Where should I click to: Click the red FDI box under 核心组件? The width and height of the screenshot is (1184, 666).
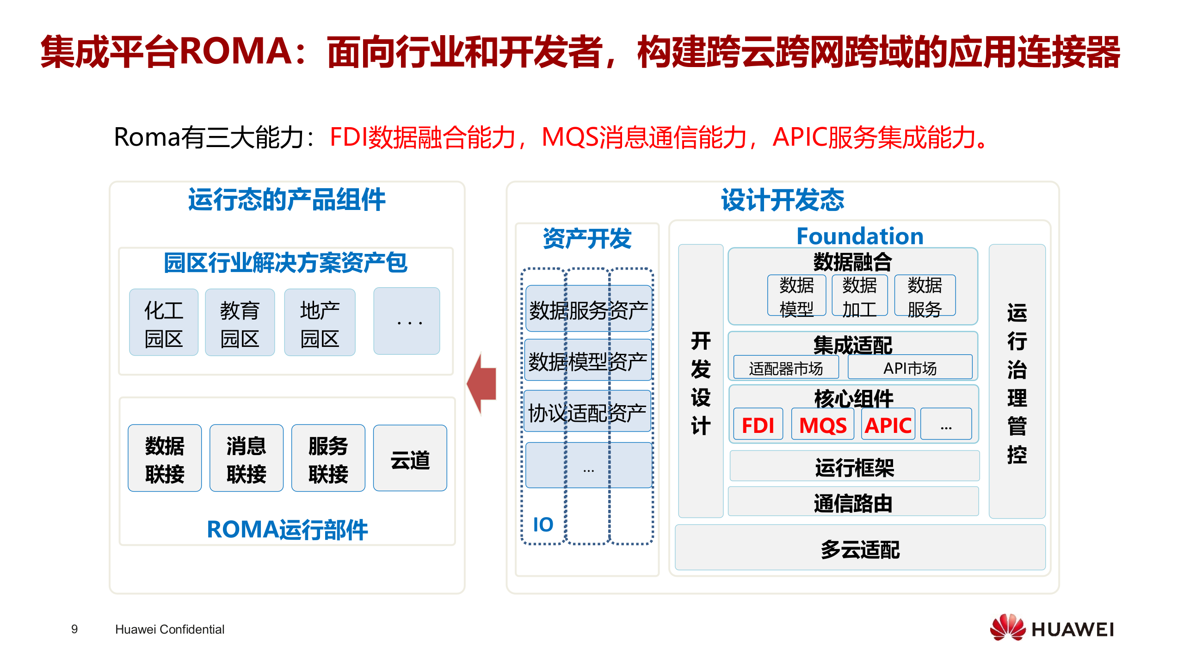(758, 424)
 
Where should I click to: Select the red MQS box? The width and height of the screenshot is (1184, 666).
(823, 424)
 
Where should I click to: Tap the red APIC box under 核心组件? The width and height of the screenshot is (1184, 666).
(888, 424)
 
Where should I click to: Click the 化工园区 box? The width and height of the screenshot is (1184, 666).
(164, 322)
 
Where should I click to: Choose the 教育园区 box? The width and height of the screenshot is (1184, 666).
(240, 322)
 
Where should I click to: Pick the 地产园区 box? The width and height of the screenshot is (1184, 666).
(320, 322)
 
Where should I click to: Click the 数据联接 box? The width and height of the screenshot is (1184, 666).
(165, 458)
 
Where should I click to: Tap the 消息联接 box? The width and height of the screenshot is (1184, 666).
(246, 458)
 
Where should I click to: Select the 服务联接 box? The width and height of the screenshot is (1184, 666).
(328, 458)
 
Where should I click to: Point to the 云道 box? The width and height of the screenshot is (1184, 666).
(410, 458)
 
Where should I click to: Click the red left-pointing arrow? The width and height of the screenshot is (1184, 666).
(482, 383)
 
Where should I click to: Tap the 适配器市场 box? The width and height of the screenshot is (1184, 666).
(786, 368)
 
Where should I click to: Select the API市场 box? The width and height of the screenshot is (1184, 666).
(910, 368)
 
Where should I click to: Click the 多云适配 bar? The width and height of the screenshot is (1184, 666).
(860, 548)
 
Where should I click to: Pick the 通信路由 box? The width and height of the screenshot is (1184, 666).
(853, 502)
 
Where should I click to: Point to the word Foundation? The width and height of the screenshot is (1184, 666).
(860, 236)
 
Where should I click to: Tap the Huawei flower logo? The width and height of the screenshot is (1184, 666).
(1008, 628)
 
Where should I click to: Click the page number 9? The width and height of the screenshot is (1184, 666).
(74, 629)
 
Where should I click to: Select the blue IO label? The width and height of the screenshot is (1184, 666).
(543, 524)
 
